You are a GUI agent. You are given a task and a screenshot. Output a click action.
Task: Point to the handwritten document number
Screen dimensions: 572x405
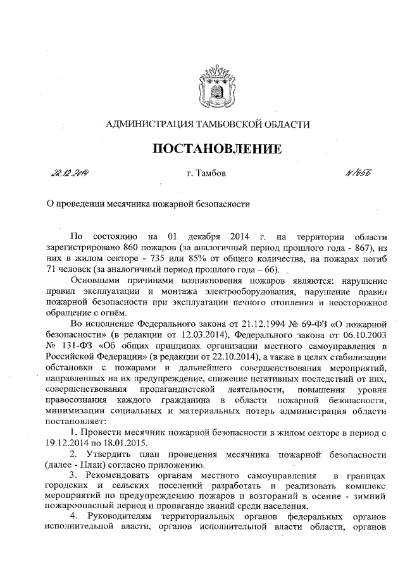pos(359,172)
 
